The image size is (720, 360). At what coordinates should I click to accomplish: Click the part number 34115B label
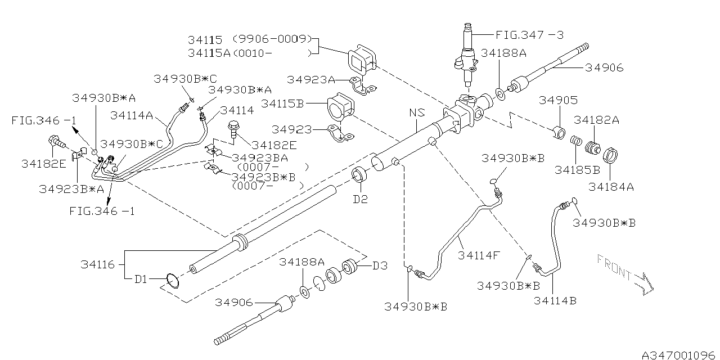click(282, 103)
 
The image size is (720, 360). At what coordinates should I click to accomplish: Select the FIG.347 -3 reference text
click(530, 35)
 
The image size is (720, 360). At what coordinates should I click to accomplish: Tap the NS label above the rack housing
click(417, 112)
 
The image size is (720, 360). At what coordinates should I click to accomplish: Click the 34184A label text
click(611, 187)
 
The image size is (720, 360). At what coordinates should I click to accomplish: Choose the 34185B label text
click(577, 170)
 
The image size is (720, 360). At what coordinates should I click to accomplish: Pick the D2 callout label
click(361, 199)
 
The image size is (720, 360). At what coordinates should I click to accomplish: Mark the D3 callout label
click(380, 266)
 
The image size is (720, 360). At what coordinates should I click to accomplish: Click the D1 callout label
click(141, 280)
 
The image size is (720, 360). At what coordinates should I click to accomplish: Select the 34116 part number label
click(98, 264)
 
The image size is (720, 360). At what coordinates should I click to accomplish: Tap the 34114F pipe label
click(479, 255)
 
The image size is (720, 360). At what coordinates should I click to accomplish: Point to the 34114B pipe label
click(555, 300)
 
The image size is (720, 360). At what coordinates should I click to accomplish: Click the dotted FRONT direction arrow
click(625, 274)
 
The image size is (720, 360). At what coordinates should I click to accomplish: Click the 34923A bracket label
click(311, 79)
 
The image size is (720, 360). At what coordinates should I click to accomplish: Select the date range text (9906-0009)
click(272, 39)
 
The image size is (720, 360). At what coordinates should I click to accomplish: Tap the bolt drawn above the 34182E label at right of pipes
click(233, 129)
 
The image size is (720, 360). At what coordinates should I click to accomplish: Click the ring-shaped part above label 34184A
click(610, 155)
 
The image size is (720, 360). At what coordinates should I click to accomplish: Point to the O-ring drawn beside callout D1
click(173, 281)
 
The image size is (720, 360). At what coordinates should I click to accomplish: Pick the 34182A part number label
click(597, 120)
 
